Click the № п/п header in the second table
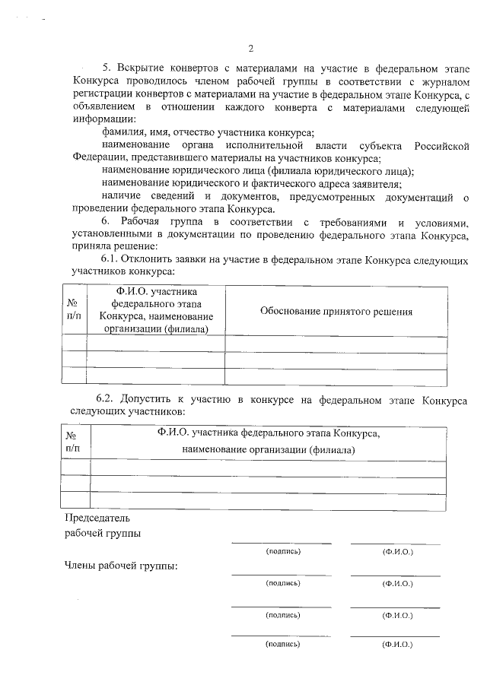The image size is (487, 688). (x=73, y=442)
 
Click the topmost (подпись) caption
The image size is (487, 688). (x=282, y=551)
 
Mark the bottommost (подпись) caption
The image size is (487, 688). (x=282, y=644)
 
